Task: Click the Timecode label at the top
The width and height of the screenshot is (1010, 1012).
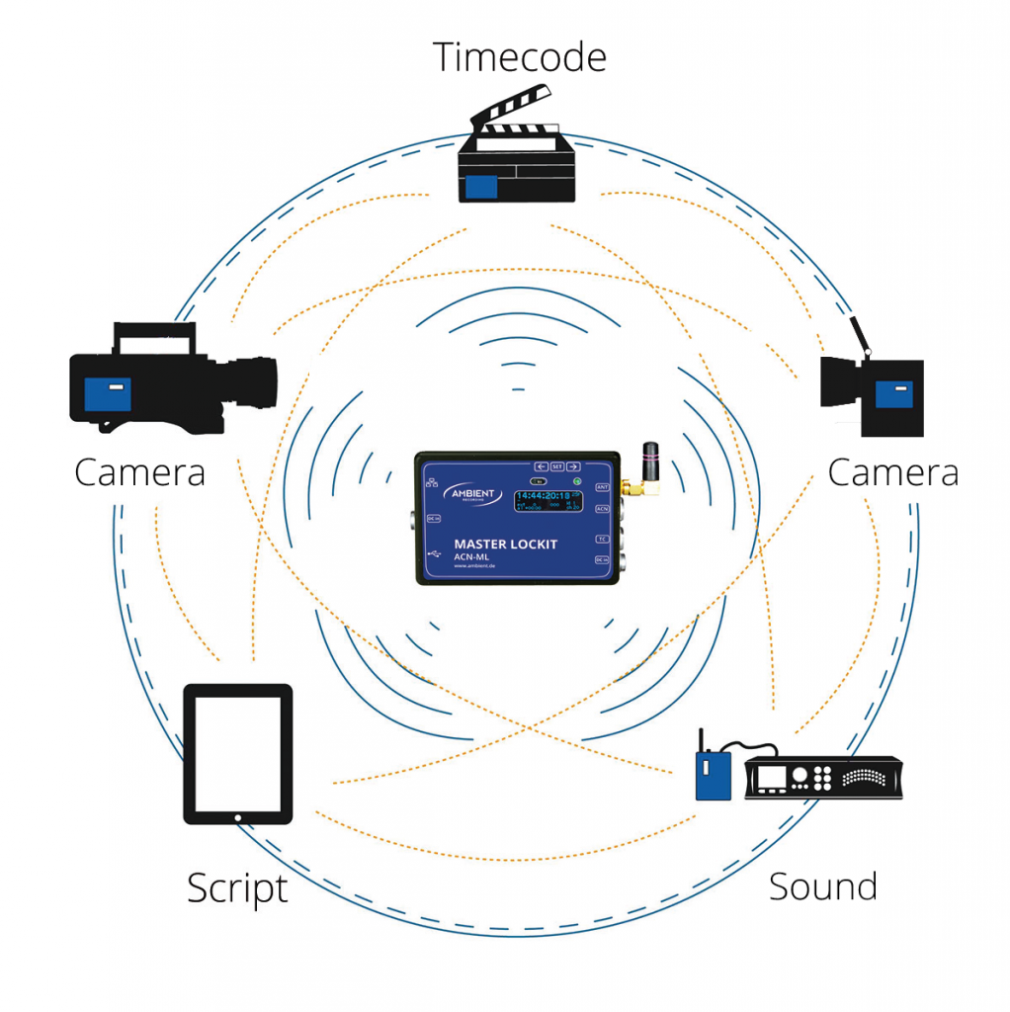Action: coord(519,56)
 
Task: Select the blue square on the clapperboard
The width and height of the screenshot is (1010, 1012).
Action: coord(482,185)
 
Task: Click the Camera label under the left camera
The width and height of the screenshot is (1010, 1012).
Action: coord(139,472)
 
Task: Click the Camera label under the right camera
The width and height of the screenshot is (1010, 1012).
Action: coord(892,472)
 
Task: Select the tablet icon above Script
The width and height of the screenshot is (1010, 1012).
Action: coord(238,754)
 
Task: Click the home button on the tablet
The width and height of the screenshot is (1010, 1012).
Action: coord(238,817)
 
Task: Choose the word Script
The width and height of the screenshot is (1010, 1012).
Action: coord(237,888)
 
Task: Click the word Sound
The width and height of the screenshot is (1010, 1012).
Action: coord(822,885)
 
